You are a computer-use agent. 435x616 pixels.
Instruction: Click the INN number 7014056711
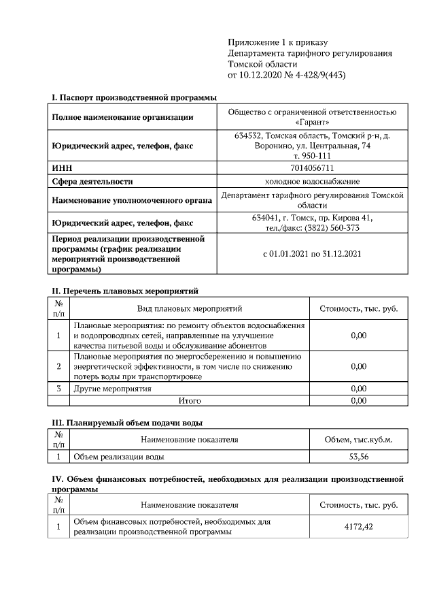point(313,167)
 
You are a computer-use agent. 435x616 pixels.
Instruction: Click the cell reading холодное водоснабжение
point(313,182)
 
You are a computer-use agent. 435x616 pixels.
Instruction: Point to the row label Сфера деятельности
point(92,182)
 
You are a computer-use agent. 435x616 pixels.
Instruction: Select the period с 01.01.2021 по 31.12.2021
point(313,254)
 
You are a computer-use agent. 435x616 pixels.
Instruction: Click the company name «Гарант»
point(313,123)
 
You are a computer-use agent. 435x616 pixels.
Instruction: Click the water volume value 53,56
point(358,457)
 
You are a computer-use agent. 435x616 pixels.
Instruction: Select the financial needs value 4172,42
point(358,527)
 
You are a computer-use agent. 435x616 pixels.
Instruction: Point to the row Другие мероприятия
point(112,389)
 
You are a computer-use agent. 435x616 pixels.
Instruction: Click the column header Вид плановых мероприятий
point(190,309)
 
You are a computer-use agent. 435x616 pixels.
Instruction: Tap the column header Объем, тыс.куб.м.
point(358,440)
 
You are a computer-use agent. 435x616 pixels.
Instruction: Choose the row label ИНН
point(62,167)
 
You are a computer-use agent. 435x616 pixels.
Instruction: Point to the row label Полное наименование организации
point(122,117)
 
